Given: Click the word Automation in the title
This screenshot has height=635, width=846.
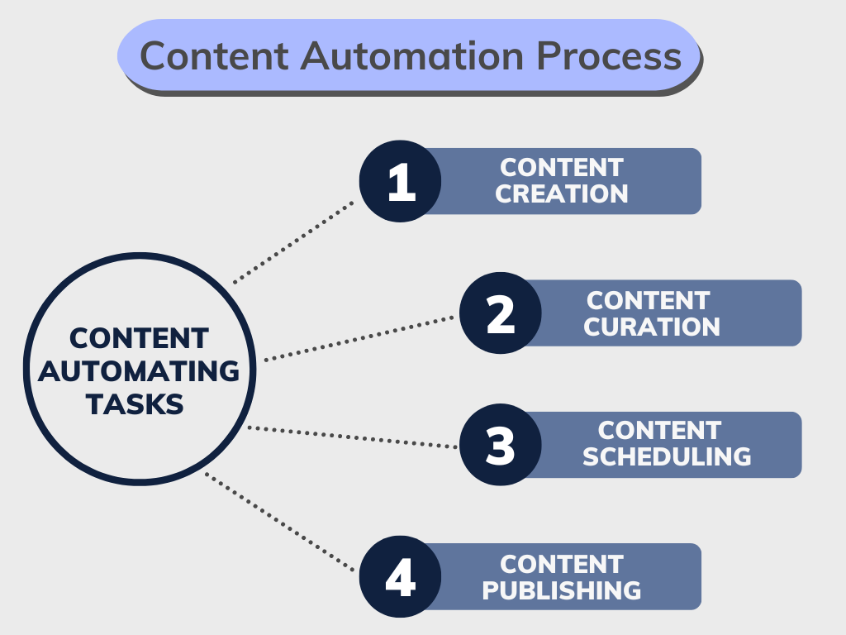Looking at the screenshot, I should click(x=412, y=56).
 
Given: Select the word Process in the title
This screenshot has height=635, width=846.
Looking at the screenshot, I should click(x=608, y=56).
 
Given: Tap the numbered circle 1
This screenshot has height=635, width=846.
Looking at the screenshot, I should click(x=401, y=181).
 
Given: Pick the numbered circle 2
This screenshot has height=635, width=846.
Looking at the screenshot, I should click(x=501, y=313).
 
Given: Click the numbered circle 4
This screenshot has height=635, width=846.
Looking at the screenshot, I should click(x=401, y=577).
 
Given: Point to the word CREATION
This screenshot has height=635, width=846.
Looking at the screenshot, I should click(x=562, y=194).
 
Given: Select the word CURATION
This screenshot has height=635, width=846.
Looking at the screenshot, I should click(x=652, y=327).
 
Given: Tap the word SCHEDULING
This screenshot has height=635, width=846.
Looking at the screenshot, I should click(x=667, y=456).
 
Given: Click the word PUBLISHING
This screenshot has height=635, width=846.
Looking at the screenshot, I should click(x=562, y=590).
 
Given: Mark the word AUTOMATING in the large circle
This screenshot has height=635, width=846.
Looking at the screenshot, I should click(x=139, y=371).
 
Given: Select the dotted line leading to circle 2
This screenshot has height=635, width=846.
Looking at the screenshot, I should click(x=360, y=338).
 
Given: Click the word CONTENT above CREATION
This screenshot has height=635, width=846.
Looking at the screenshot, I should click(x=562, y=167).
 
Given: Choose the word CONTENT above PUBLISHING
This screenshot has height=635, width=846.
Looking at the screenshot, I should click(x=562, y=564).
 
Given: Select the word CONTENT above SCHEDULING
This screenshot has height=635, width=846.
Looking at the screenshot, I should click(x=659, y=430).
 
